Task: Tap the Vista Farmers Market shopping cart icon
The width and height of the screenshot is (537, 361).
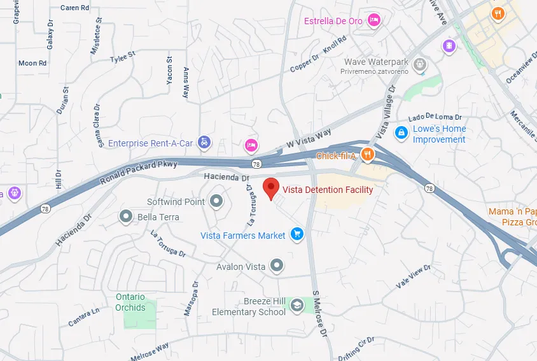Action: pyautogui.click(x=296, y=235)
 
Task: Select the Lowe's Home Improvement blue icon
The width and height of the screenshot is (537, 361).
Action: pyautogui.click(x=401, y=133)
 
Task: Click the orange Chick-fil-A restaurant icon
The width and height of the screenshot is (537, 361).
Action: pyautogui.click(x=367, y=154)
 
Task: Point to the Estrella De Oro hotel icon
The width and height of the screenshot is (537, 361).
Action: pyautogui.click(x=374, y=20)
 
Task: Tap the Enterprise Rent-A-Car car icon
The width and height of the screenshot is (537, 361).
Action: pyautogui.click(x=204, y=143)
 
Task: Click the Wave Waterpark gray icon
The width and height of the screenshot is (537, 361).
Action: pyautogui.click(x=419, y=64)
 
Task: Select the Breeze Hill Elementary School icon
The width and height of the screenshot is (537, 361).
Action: pyautogui.click(x=296, y=306)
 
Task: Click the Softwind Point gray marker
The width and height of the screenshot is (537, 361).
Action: pyautogui.click(x=217, y=201)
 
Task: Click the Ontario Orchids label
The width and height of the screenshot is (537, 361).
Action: pyautogui.click(x=130, y=302)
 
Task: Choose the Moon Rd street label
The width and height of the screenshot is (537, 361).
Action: pyautogui.click(x=32, y=63)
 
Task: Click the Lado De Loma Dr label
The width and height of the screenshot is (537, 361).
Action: pyautogui.click(x=435, y=117)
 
